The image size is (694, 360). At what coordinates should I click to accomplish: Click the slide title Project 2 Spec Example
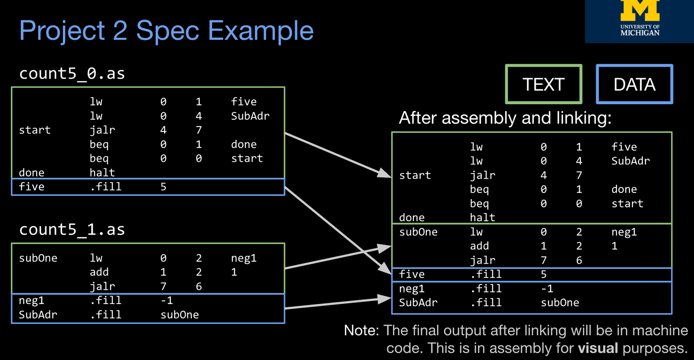[x=166, y=31]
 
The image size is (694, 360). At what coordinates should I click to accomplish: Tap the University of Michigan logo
[x=640, y=20]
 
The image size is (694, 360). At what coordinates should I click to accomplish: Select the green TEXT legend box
[x=543, y=84]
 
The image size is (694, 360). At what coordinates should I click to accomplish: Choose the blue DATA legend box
[x=634, y=84]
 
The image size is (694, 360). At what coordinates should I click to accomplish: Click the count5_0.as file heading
[x=72, y=73]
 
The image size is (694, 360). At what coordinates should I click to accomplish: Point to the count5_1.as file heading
[x=72, y=229]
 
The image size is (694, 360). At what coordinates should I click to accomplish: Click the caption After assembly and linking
[x=505, y=118]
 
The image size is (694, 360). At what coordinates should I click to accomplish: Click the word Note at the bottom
[x=360, y=331]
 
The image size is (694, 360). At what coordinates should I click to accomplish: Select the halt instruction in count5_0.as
[x=102, y=173]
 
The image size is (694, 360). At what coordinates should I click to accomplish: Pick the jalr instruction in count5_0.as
[x=102, y=130]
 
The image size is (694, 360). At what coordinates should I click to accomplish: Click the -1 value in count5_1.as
[x=167, y=300]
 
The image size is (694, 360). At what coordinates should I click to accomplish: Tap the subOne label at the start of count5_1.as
[x=38, y=258]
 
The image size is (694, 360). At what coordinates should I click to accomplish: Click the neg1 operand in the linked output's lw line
[x=624, y=232]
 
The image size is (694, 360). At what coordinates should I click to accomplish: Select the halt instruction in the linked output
[x=482, y=217]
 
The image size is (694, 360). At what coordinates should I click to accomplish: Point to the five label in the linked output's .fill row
[x=412, y=274]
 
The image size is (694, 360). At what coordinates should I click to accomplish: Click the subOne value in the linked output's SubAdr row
[x=560, y=303]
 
